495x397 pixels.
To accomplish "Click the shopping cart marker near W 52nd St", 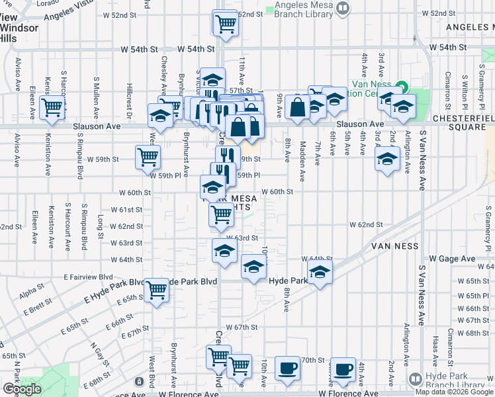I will click(225, 23).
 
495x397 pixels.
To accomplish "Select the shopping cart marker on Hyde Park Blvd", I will click(156, 289).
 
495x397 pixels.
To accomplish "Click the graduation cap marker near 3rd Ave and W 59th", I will click(387, 158).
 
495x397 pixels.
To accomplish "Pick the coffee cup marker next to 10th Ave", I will click(287, 369).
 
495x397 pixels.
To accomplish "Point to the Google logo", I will click(22, 389).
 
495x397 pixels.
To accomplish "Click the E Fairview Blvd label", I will click(89, 277).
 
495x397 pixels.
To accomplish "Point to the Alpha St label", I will click(29, 291).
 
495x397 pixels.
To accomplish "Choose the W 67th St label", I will click(241, 328).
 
